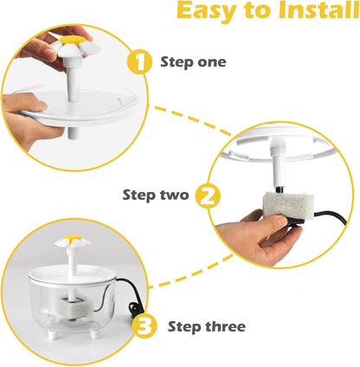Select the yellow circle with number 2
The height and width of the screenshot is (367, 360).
pyautogui.click(x=205, y=195)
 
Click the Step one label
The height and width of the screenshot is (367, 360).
pyautogui.click(x=193, y=62)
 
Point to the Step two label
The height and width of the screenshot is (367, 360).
pyautogui.click(x=157, y=195)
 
